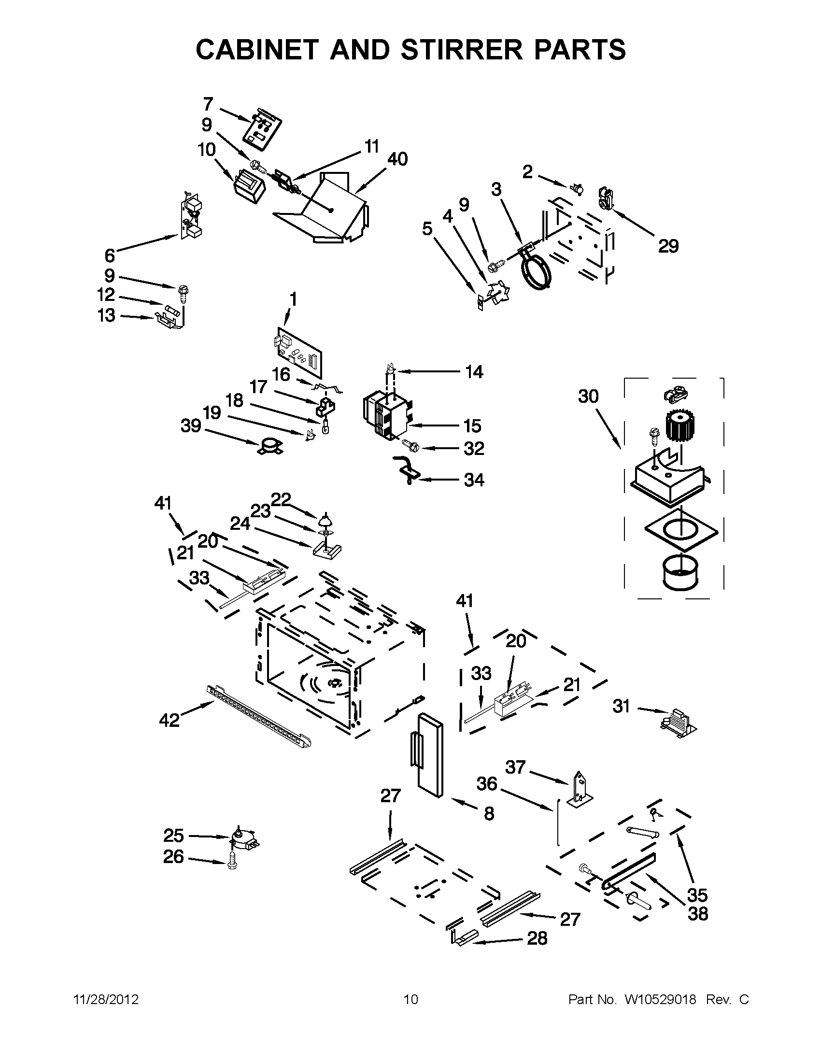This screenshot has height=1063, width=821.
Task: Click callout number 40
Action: coord(397,159)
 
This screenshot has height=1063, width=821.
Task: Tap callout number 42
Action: coord(170,720)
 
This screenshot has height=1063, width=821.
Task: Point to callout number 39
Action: coord(191,426)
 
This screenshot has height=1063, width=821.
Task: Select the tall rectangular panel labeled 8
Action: coord(430,755)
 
